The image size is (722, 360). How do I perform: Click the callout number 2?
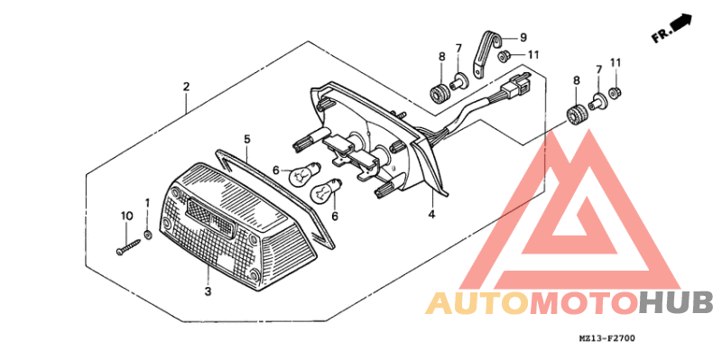pos(186,88)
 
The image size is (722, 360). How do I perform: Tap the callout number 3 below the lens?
pos(208,291)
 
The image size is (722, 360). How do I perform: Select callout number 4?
pos(431,215)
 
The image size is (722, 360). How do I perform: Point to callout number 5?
pos(245,139)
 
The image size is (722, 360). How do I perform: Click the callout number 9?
pos(522,38)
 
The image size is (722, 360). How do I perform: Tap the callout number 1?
pos(147,202)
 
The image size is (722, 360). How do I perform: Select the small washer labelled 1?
pos(147,235)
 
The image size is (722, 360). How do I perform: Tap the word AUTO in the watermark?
pos(477,303)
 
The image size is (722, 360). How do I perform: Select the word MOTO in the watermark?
pos(584,303)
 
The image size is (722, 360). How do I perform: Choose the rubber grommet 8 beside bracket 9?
pos(442,91)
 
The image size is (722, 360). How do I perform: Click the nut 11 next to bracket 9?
pos(506,56)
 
